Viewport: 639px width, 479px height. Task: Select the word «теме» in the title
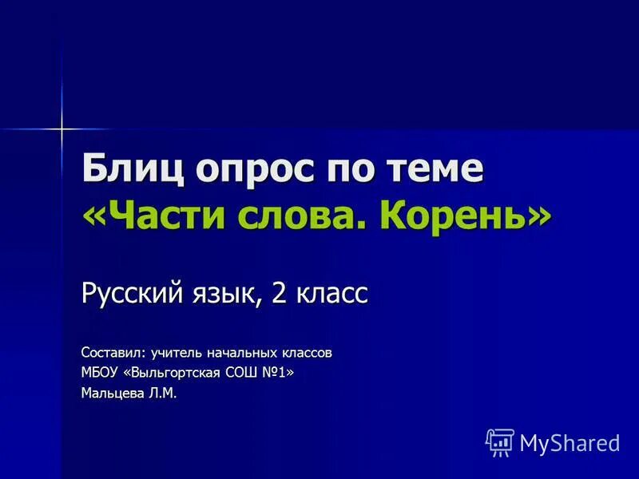(439, 170)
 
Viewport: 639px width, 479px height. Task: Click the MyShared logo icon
(500, 441)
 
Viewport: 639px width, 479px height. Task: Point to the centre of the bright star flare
(61, 127)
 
